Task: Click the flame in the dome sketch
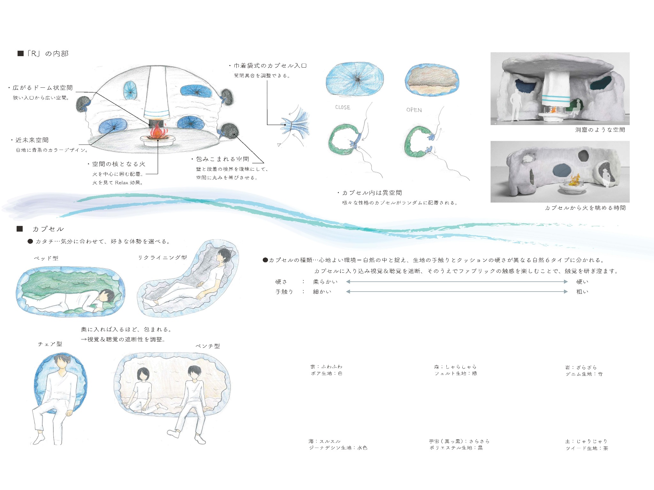coord(157,132)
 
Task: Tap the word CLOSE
coord(343,108)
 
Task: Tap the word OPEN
coord(414,110)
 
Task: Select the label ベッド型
coord(47,258)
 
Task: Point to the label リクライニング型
coord(162,257)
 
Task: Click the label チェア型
coord(50,344)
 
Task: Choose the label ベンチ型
coord(208,346)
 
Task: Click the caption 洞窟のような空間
coord(600,130)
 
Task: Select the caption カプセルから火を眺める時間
coord(585,208)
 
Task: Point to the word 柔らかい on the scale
coord(325,282)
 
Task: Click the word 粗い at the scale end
coord(582,292)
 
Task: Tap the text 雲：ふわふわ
coord(326,367)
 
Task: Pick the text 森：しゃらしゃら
coord(455,367)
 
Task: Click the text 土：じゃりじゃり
coord(586,442)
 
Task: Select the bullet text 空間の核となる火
coord(118,164)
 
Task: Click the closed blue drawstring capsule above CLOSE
coord(354,78)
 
